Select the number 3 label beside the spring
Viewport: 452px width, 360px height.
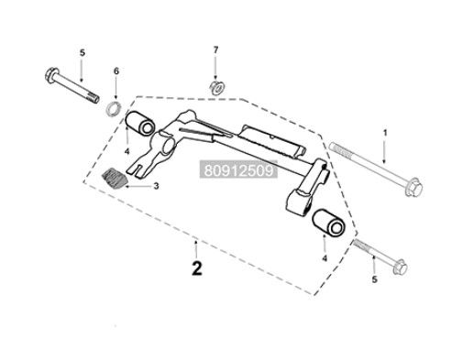(156, 186)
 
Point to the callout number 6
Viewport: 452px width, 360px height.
(116, 71)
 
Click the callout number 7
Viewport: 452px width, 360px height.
(215, 49)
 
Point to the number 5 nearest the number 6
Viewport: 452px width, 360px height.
(82, 53)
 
